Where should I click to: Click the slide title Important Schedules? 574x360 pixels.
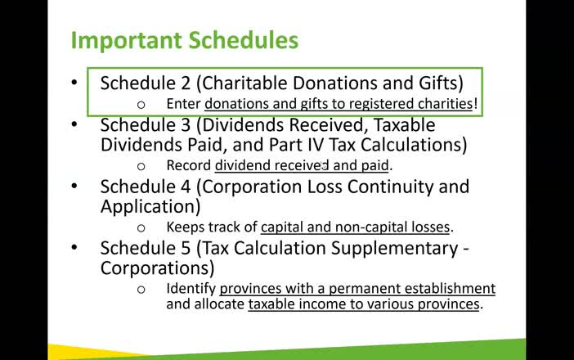coord(184,40)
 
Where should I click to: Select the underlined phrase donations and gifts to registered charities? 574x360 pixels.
coord(339,104)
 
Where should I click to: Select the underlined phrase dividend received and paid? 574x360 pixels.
coord(302,165)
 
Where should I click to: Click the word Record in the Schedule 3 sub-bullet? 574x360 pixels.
coord(188,165)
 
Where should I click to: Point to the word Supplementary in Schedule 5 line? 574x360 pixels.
coord(384,248)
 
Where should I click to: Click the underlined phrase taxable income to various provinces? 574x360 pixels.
coord(364,304)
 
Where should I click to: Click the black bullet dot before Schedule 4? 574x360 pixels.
coord(74,187)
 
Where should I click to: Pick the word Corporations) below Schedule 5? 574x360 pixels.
coord(157,268)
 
